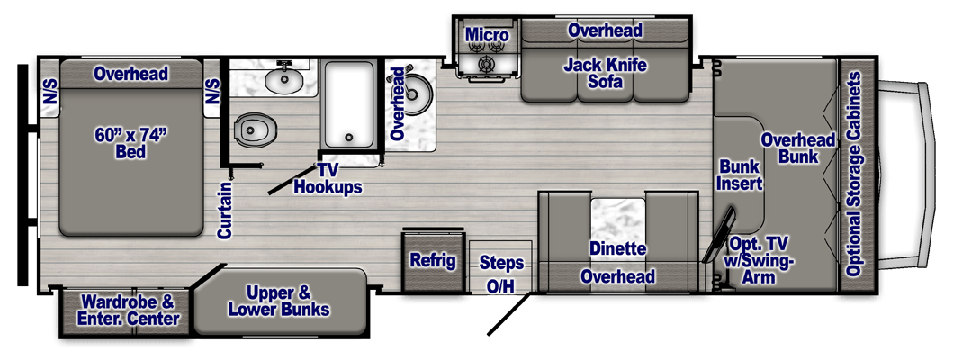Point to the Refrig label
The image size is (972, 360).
click(433, 261)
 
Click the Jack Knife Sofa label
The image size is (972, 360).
click(605, 75)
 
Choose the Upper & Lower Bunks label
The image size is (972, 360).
click(278, 301)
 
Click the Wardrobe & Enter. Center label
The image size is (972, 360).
click(130, 309)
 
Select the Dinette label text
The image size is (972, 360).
click(618, 247)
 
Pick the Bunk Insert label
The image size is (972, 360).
click(741, 175)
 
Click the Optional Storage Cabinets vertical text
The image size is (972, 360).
click(855, 175)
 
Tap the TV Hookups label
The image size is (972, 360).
click(328, 179)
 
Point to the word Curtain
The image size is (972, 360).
click(225, 210)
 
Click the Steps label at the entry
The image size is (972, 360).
click(501, 263)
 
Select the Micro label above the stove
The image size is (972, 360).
click(487, 36)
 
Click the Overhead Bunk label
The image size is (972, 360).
click(798, 148)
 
